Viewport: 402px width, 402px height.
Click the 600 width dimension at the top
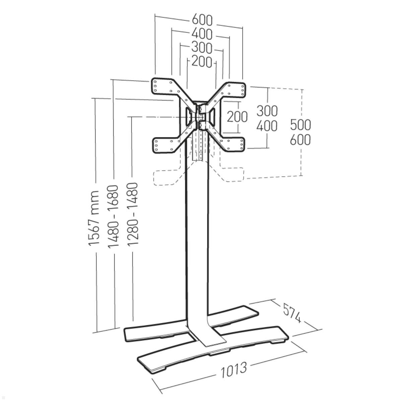tap(202, 20)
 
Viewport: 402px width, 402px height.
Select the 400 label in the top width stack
tap(202, 34)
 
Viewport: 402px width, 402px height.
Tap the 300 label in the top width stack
tap(202, 48)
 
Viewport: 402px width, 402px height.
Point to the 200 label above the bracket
tap(202, 61)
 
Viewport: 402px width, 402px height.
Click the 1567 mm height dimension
tap(93, 218)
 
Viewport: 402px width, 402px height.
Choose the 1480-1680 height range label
tap(113, 216)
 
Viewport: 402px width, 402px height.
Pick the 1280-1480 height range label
tap(132, 214)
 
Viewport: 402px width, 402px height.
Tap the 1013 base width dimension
tap(233, 370)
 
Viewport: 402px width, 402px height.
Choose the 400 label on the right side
tap(267, 126)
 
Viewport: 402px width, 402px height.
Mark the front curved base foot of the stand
tap(213, 352)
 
